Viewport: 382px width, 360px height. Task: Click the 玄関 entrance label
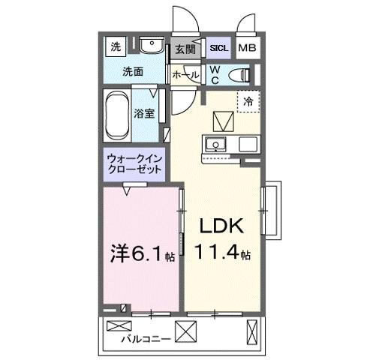185,49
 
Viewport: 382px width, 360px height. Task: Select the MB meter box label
246,49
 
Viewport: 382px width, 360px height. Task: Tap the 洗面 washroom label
134,73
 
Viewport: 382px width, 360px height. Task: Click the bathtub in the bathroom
117,114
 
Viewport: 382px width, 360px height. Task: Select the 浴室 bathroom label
144,114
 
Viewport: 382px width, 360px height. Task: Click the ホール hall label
185,75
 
